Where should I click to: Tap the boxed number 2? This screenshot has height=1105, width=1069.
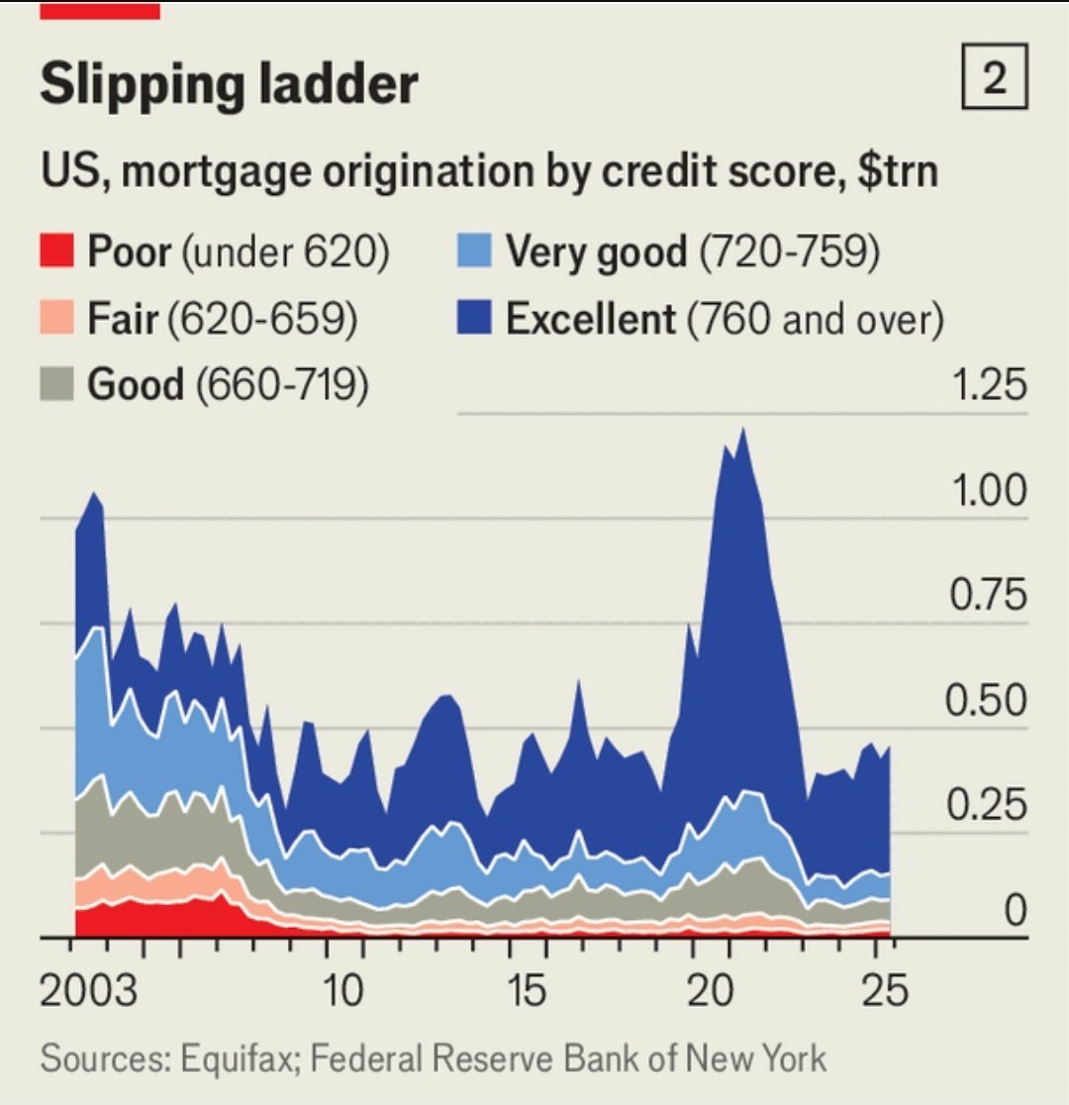(x=995, y=80)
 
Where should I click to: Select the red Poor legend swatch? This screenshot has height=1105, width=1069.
(x=57, y=252)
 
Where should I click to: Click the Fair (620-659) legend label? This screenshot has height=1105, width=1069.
(x=223, y=319)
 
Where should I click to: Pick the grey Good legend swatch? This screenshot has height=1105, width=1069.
(x=57, y=384)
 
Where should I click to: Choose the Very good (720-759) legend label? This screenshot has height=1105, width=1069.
(x=693, y=252)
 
